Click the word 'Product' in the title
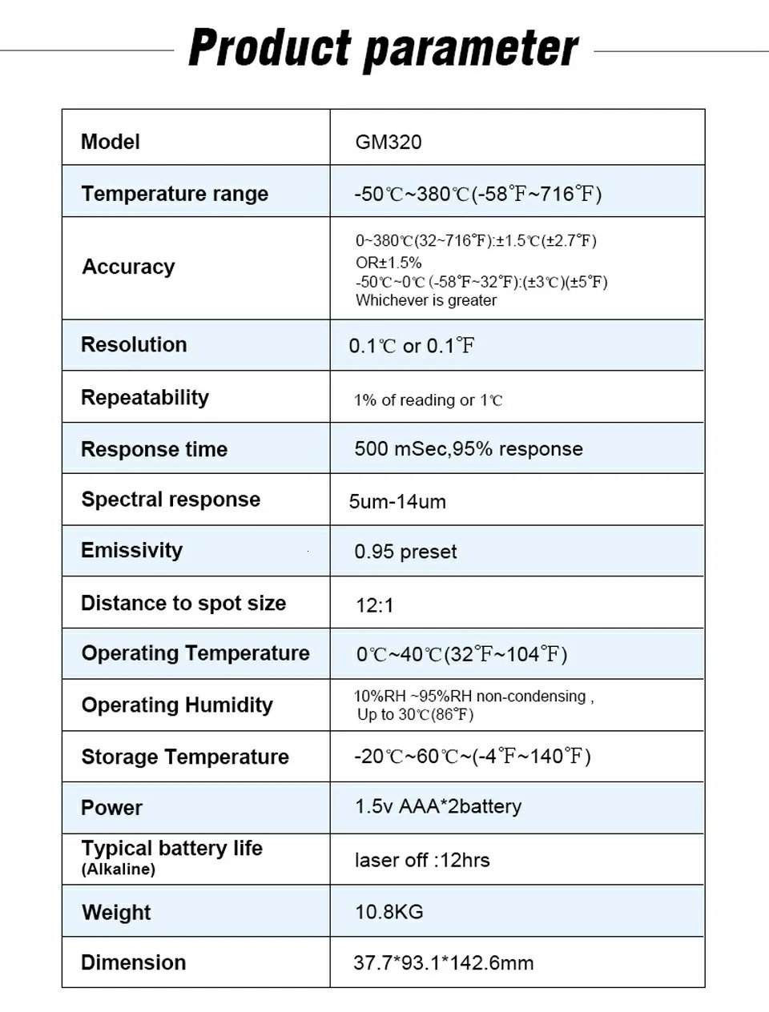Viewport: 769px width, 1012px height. [270, 48]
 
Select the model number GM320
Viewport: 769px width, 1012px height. [389, 143]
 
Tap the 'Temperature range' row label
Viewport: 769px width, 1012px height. [175, 194]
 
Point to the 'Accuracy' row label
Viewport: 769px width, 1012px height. [128, 267]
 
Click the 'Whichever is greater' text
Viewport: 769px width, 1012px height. [426, 301]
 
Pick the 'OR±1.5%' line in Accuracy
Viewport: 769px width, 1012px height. [389, 263]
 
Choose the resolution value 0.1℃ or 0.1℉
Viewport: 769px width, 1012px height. [412, 346]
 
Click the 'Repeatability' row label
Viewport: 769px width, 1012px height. [145, 398]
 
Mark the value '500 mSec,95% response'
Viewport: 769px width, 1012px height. [469, 449]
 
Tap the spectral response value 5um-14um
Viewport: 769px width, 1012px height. [397, 502]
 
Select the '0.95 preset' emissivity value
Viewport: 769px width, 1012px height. [405, 552]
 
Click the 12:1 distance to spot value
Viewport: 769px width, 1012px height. [375, 605]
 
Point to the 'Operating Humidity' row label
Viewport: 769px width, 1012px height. [177, 705]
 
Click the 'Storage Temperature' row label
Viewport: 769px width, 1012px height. [185, 757]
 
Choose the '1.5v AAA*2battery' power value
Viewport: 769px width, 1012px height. [438, 807]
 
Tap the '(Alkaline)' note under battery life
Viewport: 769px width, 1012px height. [118, 869]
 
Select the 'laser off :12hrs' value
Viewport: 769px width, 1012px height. [422, 861]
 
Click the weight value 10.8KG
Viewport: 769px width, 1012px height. [389, 912]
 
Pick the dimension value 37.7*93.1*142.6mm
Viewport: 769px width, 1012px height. [443, 963]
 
